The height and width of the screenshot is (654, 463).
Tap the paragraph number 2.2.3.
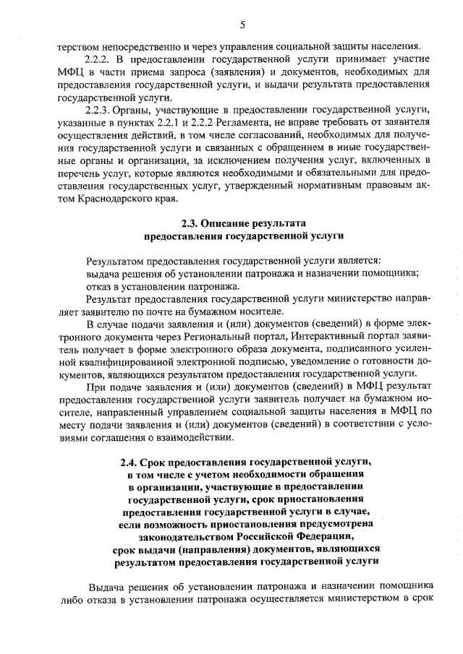point(99,109)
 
